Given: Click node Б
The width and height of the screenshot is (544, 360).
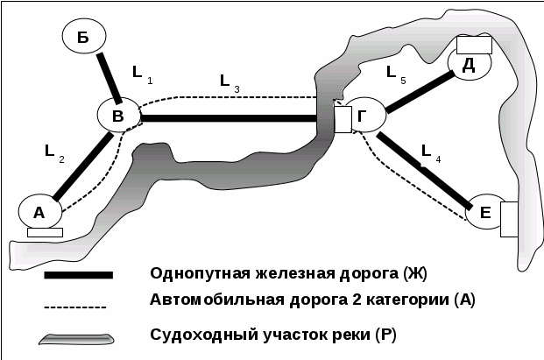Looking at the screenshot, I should tap(83, 36).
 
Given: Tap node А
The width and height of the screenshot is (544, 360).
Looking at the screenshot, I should tap(39, 211).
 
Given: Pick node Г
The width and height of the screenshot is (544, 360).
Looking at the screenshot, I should tap(364, 115).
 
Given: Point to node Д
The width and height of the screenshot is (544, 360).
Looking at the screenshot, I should tap(468, 63).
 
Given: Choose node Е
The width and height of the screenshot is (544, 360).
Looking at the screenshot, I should tap(484, 212).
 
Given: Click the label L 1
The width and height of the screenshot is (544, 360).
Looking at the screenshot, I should tap(140, 72).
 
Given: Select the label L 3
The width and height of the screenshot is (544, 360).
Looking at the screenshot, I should tap(230, 82).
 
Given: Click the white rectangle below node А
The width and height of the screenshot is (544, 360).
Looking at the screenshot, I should tap(45, 232).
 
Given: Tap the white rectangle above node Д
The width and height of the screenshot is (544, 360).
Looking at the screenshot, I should tap(474, 45).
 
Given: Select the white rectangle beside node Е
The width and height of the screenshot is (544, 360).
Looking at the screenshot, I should tap(508, 219).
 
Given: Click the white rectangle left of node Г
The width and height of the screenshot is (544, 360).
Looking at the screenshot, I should tap(343, 118).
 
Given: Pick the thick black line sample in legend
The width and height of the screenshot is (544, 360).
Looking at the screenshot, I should tap(79, 275).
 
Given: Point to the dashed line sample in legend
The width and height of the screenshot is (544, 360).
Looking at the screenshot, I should tap(75, 307).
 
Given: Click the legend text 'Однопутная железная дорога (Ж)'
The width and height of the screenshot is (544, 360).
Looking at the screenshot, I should tap(288, 272).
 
